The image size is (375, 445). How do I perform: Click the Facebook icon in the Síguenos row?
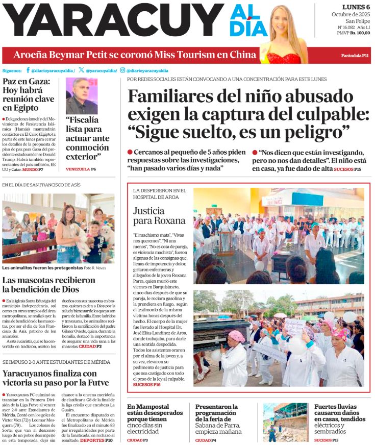(28, 70)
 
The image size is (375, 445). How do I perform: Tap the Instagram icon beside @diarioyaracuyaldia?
(122, 70)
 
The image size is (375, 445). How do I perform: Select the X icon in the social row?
(81, 70)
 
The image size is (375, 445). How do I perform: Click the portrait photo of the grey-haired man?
(82, 96)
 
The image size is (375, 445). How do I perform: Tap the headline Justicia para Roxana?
(159, 215)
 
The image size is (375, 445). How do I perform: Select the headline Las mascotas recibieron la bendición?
(48, 285)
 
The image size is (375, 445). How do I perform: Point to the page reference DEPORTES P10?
(97, 440)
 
